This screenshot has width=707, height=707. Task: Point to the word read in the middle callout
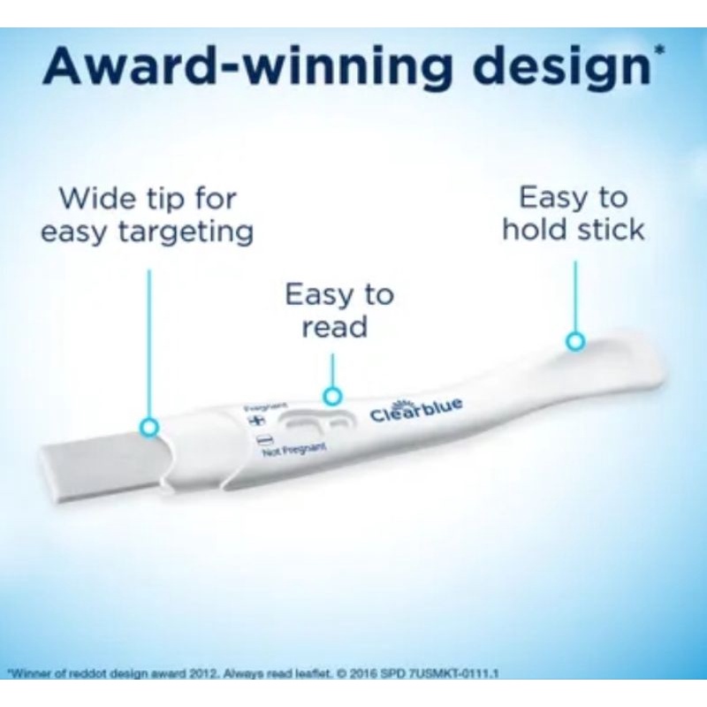click(334, 328)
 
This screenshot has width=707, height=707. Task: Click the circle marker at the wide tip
click(149, 428)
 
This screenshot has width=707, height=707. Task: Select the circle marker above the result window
click(331, 396)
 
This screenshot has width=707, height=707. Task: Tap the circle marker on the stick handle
click(575, 340)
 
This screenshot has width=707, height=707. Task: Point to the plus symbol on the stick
click(259, 420)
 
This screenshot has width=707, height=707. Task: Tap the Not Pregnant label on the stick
click(295, 452)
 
